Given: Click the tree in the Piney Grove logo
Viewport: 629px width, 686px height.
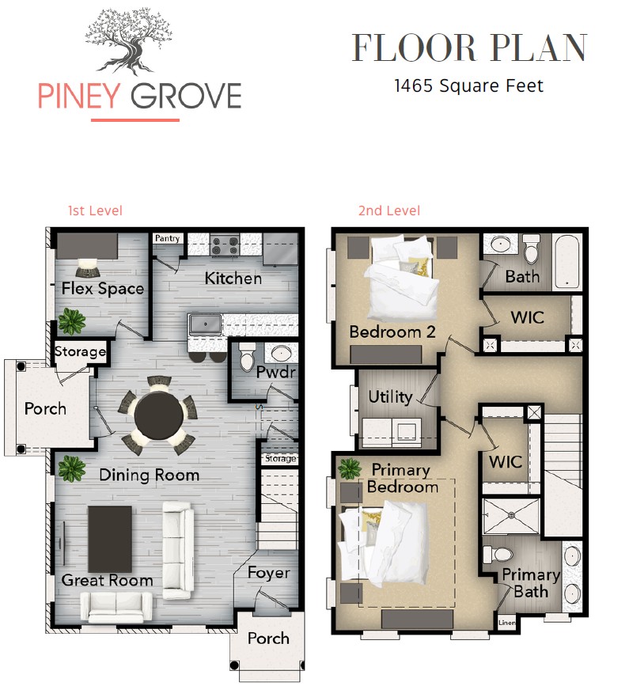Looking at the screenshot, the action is tap(129, 42).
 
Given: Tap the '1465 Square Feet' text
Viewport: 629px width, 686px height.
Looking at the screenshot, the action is tap(468, 85).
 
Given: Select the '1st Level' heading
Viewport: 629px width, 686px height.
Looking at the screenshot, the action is tap(95, 210).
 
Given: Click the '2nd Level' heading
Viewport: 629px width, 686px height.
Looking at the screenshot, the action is tap(388, 210).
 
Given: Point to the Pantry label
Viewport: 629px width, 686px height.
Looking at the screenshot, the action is tap(167, 238).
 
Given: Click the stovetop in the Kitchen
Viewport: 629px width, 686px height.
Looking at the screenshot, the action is tap(225, 245).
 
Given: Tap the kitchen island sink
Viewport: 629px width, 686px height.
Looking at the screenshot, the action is tap(205, 324).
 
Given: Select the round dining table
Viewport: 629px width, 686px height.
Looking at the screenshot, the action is tap(158, 415).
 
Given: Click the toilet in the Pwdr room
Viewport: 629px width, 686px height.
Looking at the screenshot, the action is tap(247, 356).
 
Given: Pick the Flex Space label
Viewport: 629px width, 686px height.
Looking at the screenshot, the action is tap(103, 288).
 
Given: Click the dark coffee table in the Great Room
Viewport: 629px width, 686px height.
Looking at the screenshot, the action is tap(110, 539).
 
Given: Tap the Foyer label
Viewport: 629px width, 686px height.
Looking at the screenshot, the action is tap(268, 573).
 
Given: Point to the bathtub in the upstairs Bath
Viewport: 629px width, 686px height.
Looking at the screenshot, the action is tap(566, 262).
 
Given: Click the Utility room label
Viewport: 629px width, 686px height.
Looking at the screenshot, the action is tap(390, 397).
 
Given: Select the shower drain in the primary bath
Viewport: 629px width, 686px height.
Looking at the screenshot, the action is tap(511, 516).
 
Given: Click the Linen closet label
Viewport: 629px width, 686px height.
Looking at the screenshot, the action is tap(506, 623).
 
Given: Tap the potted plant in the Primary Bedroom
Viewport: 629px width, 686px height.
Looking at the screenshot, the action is tap(350, 468).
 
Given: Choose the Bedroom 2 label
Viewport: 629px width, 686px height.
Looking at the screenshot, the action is tap(392, 332).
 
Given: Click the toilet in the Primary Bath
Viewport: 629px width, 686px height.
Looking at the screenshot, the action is tap(498, 555).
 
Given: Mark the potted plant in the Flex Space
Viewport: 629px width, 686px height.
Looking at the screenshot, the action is tap(72, 320).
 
